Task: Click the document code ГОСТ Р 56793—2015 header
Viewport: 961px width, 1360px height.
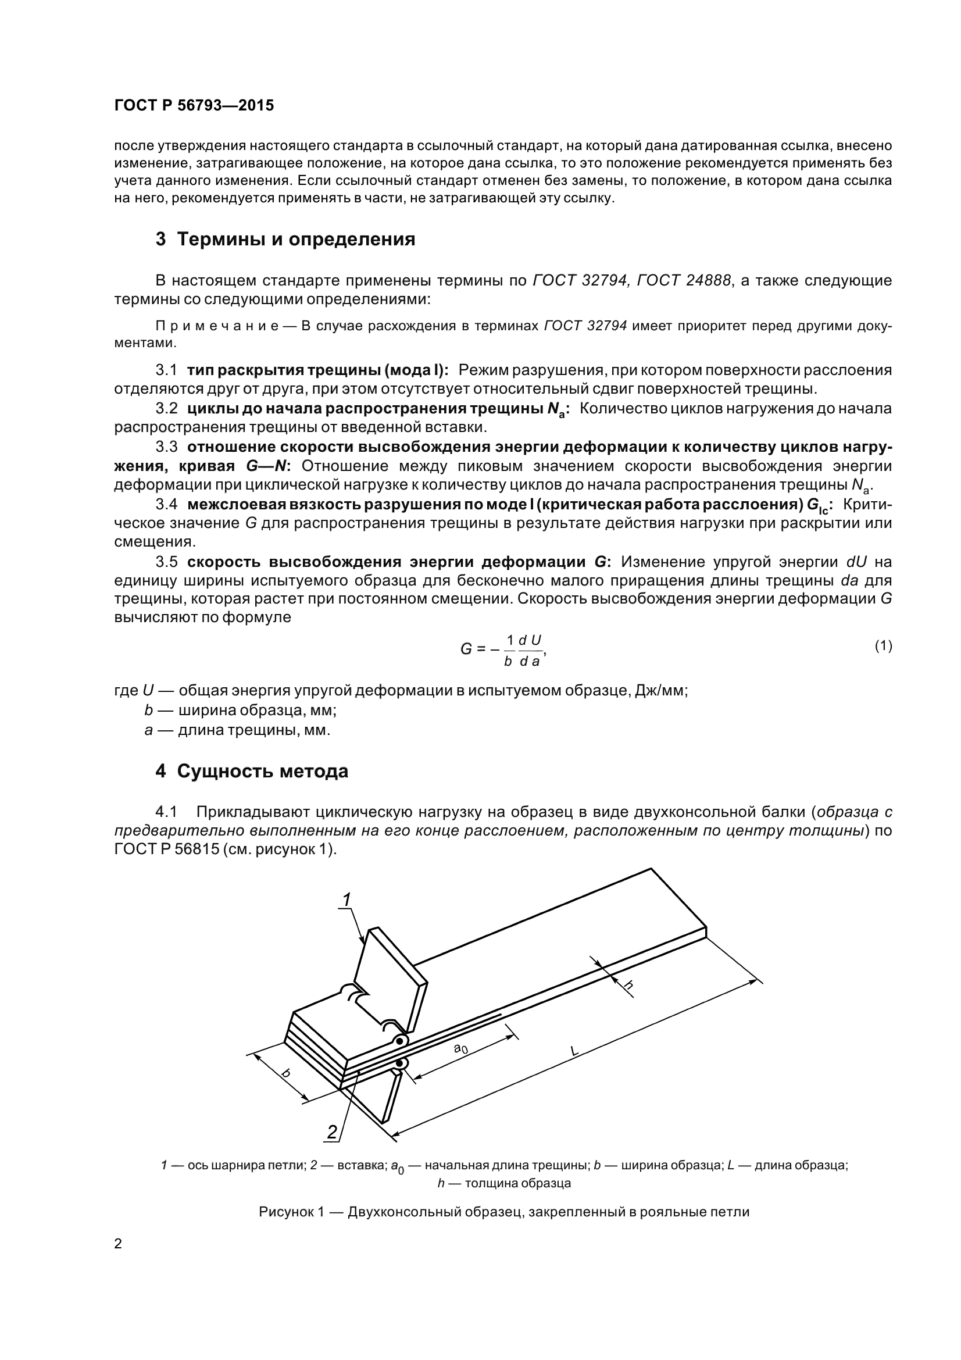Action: pos(194,105)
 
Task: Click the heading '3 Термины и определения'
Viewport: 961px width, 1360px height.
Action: pos(285,240)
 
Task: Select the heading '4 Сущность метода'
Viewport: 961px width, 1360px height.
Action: pos(252,771)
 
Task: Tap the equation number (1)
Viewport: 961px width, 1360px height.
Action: pos(883,645)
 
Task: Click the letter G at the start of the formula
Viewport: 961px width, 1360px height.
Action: pos(466,649)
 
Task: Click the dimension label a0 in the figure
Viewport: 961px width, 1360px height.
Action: pos(460,1049)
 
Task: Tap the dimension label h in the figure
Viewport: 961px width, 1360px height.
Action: pos(629,985)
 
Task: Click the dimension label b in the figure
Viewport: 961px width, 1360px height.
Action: pos(286,1073)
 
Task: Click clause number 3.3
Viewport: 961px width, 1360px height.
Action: pos(166,447)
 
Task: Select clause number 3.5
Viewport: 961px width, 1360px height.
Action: pos(166,562)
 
